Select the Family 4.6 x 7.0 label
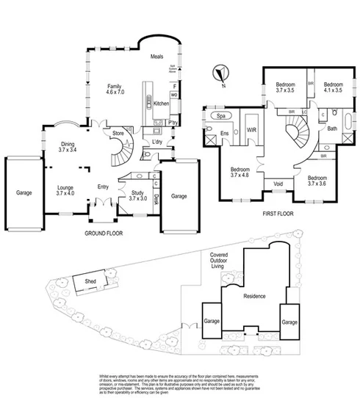[115, 89]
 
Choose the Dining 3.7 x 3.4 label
[67, 146]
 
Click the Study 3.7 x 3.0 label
[137, 195]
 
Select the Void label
[278, 184]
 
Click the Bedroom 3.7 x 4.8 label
[240, 173]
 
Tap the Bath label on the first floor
[332, 129]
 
